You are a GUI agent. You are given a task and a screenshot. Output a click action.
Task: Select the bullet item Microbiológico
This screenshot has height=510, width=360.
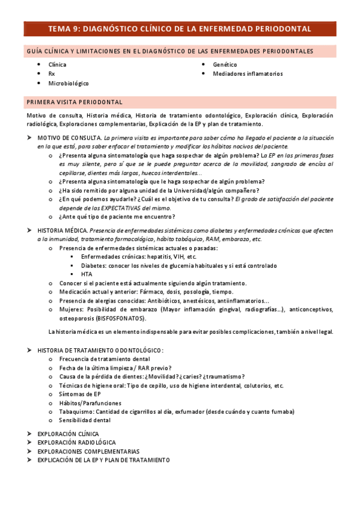69,84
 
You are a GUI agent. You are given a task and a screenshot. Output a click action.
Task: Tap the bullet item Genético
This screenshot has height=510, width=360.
225,64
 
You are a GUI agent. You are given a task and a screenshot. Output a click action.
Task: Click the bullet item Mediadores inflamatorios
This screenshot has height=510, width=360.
248,74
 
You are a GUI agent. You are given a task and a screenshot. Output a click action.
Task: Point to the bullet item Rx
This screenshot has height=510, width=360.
52,74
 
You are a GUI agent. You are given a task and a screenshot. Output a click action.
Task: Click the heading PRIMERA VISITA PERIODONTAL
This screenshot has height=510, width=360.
75,102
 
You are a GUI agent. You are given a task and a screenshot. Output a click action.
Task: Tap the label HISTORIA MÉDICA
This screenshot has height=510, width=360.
62,230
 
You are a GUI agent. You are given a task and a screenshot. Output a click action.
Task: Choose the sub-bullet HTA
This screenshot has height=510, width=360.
87,274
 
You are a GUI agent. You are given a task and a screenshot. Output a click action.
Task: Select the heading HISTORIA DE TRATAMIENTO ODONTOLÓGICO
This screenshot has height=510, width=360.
100,350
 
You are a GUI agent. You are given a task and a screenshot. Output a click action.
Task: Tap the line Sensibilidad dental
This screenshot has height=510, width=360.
85,421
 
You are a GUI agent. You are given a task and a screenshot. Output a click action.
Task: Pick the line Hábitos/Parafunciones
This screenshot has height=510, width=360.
90,403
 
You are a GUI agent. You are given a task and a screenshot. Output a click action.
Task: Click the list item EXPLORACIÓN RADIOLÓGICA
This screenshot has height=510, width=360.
76,442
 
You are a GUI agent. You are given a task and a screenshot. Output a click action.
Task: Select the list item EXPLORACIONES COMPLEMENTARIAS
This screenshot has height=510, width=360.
88,451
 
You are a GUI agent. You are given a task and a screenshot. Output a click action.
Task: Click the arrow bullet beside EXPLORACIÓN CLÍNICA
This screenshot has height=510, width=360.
29,433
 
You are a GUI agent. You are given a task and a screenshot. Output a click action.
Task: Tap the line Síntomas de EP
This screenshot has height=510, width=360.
80,395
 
